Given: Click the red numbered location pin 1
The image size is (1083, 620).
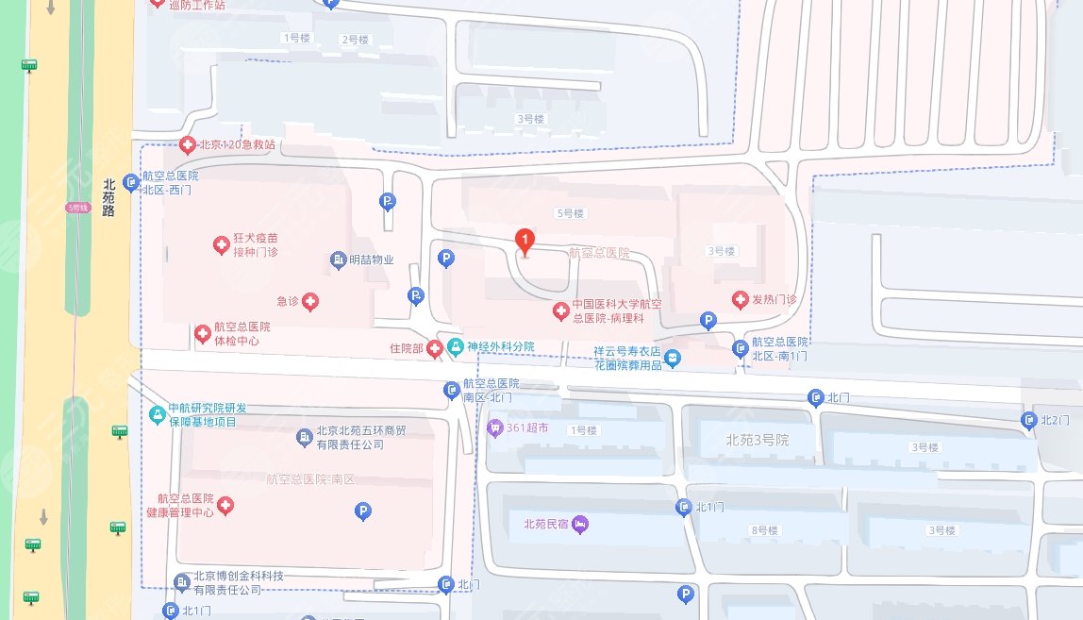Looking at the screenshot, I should [526, 243].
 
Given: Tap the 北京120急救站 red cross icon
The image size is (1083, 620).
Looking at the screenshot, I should [187, 145].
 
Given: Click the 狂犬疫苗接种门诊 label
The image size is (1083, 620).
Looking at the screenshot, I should [257, 245].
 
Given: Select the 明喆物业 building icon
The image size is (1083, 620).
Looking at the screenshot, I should [338, 260].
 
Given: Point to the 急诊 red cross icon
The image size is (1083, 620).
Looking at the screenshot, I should [309, 302].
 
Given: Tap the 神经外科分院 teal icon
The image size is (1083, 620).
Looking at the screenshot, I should [456, 347].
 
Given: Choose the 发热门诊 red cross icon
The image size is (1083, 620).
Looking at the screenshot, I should [741, 300].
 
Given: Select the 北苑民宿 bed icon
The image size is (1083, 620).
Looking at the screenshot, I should [580, 523].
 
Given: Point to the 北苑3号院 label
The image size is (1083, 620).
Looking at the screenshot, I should [758, 440].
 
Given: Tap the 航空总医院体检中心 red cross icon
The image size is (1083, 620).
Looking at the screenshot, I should [202, 333].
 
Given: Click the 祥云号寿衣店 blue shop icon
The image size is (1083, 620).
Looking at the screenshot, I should [672, 358].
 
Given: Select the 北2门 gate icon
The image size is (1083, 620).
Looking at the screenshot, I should [1029, 420].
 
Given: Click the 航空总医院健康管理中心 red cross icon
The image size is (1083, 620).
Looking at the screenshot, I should [225, 506].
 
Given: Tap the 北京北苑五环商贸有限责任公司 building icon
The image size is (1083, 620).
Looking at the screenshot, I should [304, 437].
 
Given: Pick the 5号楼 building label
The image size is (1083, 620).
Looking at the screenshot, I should [571, 213].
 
